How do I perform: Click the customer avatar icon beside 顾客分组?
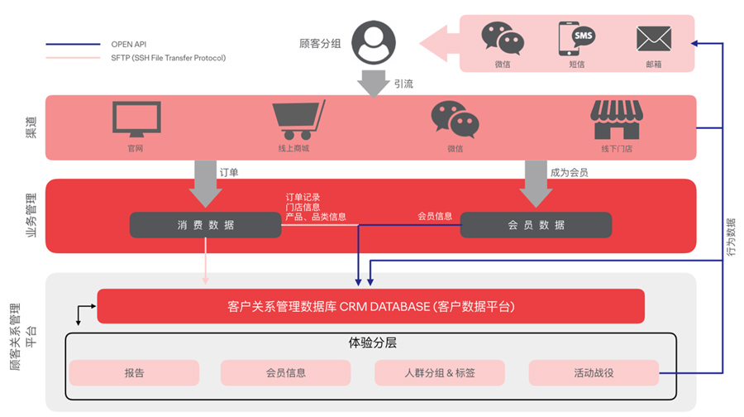(x=374, y=42)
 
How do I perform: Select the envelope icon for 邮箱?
(x=653, y=39)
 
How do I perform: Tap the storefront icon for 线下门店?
(x=616, y=120)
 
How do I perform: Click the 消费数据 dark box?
(x=205, y=225)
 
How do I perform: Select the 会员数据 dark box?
(x=536, y=225)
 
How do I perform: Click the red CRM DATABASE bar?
(x=370, y=306)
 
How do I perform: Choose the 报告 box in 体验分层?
(x=134, y=372)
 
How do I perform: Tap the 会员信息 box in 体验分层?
(x=286, y=372)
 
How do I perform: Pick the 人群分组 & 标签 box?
(x=440, y=372)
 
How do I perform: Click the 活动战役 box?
(x=594, y=372)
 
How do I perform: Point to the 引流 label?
(x=404, y=84)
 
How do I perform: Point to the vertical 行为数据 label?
(x=731, y=236)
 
